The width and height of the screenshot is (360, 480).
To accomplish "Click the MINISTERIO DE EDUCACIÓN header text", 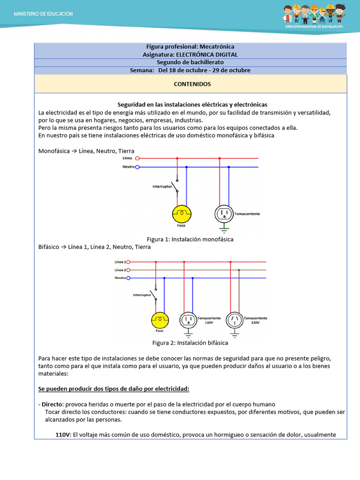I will coord(43,14).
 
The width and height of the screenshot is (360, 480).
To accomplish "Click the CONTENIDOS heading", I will coord(192,84).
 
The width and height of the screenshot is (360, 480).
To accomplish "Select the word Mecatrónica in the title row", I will coord(217,47).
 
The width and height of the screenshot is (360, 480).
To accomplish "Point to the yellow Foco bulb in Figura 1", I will coord(181,214).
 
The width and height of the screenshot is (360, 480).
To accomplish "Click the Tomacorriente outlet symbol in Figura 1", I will coord(224,214).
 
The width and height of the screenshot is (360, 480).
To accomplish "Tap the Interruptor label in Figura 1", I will coord(162,187).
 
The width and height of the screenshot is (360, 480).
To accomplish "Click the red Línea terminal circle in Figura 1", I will coord(137,158).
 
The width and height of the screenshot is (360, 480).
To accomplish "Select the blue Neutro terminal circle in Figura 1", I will coord(137,167).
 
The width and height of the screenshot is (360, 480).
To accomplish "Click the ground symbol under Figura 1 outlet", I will coord(224,229).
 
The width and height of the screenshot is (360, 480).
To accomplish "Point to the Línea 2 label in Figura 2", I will coord(120,270).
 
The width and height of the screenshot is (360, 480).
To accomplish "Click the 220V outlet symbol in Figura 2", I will coord(234,320).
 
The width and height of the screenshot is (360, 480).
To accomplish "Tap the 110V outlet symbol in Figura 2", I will coord(188,320).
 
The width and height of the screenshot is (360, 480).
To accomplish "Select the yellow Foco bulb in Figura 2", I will coord(159,320).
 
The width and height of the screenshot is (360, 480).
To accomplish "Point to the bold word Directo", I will coord(52,405).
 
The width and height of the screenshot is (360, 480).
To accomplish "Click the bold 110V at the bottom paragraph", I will coord(63,435).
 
